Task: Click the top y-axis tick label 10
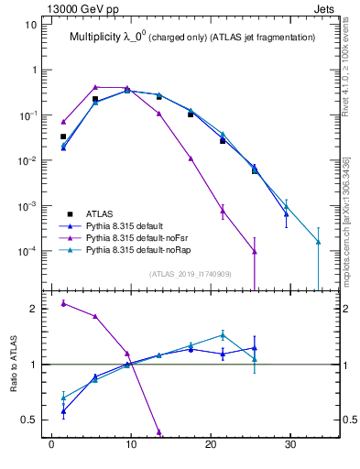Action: click(31, 25)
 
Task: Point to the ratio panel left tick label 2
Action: click(33, 309)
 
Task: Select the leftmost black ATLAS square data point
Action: click(63, 136)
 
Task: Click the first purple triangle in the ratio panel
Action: click(63, 303)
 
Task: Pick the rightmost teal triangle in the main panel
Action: click(318, 242)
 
